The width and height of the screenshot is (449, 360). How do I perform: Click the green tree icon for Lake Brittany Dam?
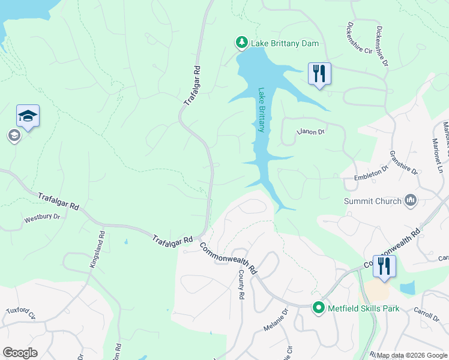(x=241, y=43)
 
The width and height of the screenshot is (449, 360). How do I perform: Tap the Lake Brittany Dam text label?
(x=285, y=44)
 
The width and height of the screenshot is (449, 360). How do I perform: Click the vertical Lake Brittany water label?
(x=262, y=110)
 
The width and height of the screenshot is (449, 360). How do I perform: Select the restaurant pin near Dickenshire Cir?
(x=319, y=74)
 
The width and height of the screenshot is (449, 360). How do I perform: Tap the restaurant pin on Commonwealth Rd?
(x=384, y=266)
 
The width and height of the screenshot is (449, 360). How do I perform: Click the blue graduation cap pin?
(x=28, y=115)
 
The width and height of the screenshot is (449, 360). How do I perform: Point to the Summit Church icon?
(x=411, y=200)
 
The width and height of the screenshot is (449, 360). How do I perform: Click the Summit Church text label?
(x=372, y=201)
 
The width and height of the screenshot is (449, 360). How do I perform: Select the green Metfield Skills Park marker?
(x=319, y=308)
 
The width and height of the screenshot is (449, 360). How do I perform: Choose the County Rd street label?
(x=241, y=284)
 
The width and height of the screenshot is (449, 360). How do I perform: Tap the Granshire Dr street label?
(x=404, y=162)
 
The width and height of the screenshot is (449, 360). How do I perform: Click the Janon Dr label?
(x=312, y=131)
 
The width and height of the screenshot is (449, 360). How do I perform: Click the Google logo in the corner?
(x=20, y=353)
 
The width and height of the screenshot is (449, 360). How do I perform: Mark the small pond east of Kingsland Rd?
(x=125, y=242)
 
